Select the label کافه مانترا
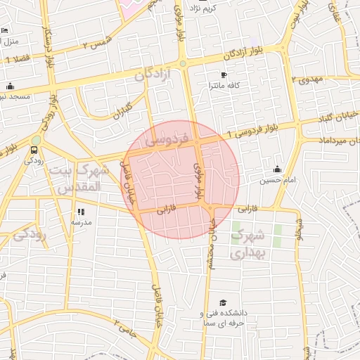pyautogui.click(x=224, y=85)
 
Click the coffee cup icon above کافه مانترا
pyautogui.click(x=224, y=75)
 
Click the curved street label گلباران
pyautogui.click(x=124, y=109)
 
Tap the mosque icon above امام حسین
pyautogui.click(x=277, y=169)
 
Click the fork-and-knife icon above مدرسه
pyautogui.click(x=81, y=211)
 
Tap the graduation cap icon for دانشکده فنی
pyautogui.click(x=223, y=302)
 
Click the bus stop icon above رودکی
pyautogui.click(x=34, y=150)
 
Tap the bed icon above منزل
pyautogui.click(x=4, y=31)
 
